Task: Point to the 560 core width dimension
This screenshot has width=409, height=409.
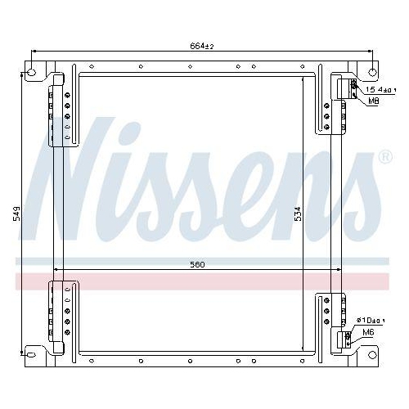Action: click(x=197, y=264)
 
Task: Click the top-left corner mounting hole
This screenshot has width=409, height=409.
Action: click(x=32, y=72)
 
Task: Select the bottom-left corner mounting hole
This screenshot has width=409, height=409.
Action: click(x=32, y=354)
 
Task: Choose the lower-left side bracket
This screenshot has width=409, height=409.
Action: click(x=62, y=315)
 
